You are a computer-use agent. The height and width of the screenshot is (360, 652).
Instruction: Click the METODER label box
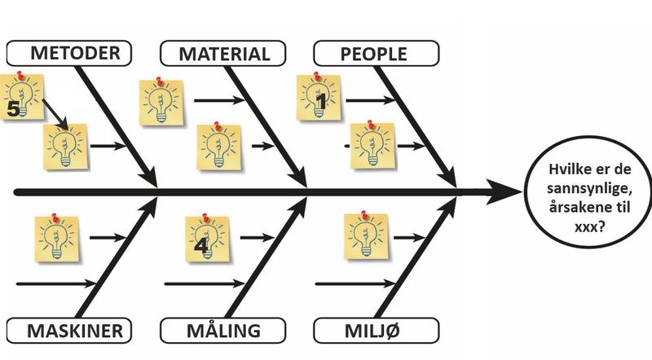[68, 54]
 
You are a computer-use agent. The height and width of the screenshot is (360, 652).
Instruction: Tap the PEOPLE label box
[376, 54]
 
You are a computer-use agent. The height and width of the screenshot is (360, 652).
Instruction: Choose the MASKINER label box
[68, 331]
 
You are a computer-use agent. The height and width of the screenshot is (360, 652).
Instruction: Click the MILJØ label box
[376, 331]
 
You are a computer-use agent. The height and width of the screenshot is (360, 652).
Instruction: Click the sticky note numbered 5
[20, 97]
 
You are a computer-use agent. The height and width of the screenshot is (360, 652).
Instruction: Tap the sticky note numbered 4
[207, 239]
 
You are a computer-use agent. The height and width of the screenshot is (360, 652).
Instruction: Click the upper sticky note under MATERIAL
[160, 103]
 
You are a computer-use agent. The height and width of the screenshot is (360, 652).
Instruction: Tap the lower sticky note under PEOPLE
[372, 147]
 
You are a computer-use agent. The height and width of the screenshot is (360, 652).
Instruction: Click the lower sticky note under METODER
[65, 147]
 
